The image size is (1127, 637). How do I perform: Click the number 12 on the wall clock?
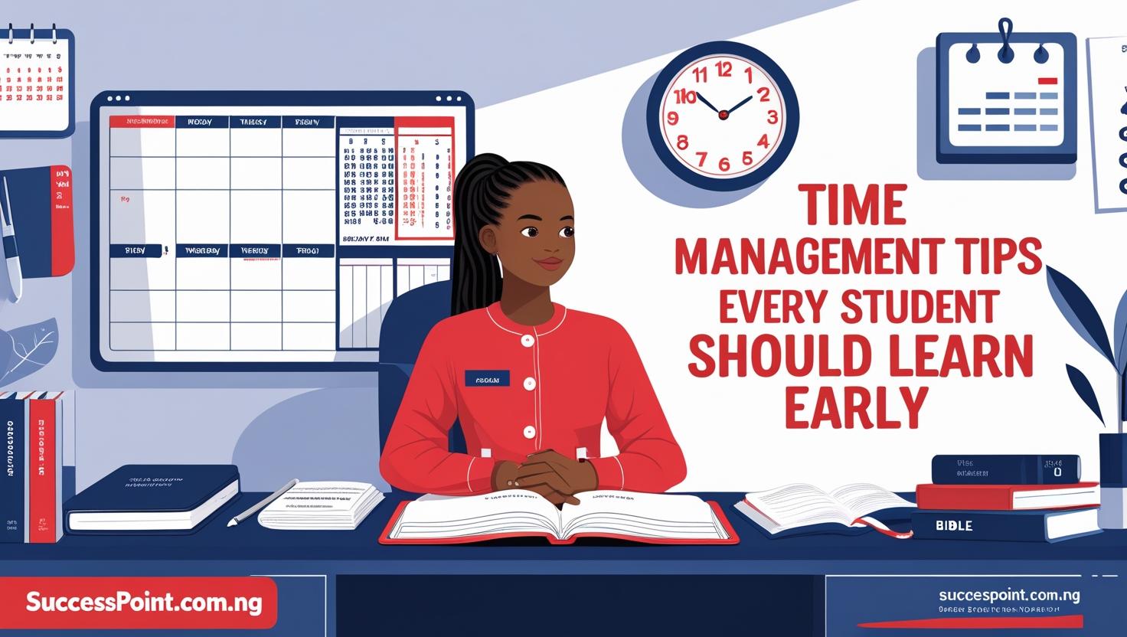pyautogui.click(x=723, y=70)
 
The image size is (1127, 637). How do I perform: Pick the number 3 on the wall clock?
pyautogui.click(x=772, y=117)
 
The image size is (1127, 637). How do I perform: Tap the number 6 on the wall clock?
pyautogui.click(x=724, y=163)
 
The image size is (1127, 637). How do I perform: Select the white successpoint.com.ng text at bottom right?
pyautogui.click(x=1008, y=595)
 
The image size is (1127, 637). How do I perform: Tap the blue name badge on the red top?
pyautogui.click(x=486, y=378)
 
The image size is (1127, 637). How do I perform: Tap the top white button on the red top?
pyautogui.click(x=526, y=339)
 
